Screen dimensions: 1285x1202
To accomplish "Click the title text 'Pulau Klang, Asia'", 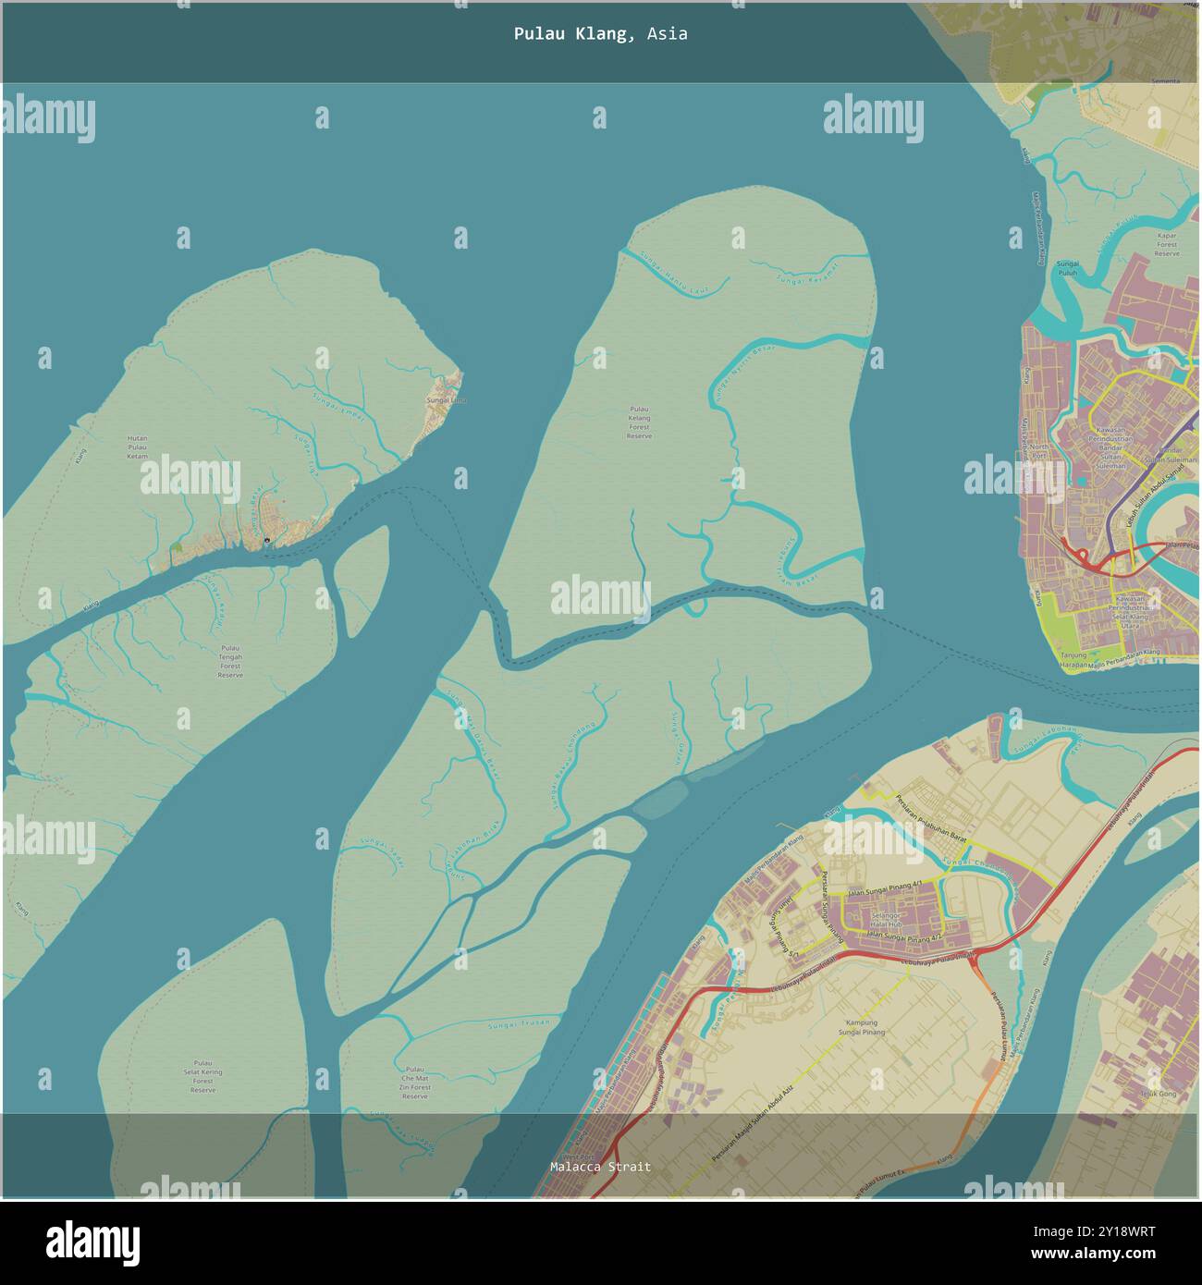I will click(x=600, y=34).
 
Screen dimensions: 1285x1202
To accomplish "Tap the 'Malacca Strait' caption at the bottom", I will click(x=600, y=1167).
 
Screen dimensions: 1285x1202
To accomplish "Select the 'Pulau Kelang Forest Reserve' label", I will click(x=639, y=422).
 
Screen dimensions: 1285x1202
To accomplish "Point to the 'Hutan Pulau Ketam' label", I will click(x=137, y=447).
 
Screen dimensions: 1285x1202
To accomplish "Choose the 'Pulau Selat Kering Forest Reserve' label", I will click(x=202, y=1077).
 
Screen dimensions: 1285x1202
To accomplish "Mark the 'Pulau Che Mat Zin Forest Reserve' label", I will click(x=415, y=1083).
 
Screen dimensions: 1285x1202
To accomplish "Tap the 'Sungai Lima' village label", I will click(x=446, y=400).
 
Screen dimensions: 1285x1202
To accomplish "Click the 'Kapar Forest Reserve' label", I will click(x=1167, y=244).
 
